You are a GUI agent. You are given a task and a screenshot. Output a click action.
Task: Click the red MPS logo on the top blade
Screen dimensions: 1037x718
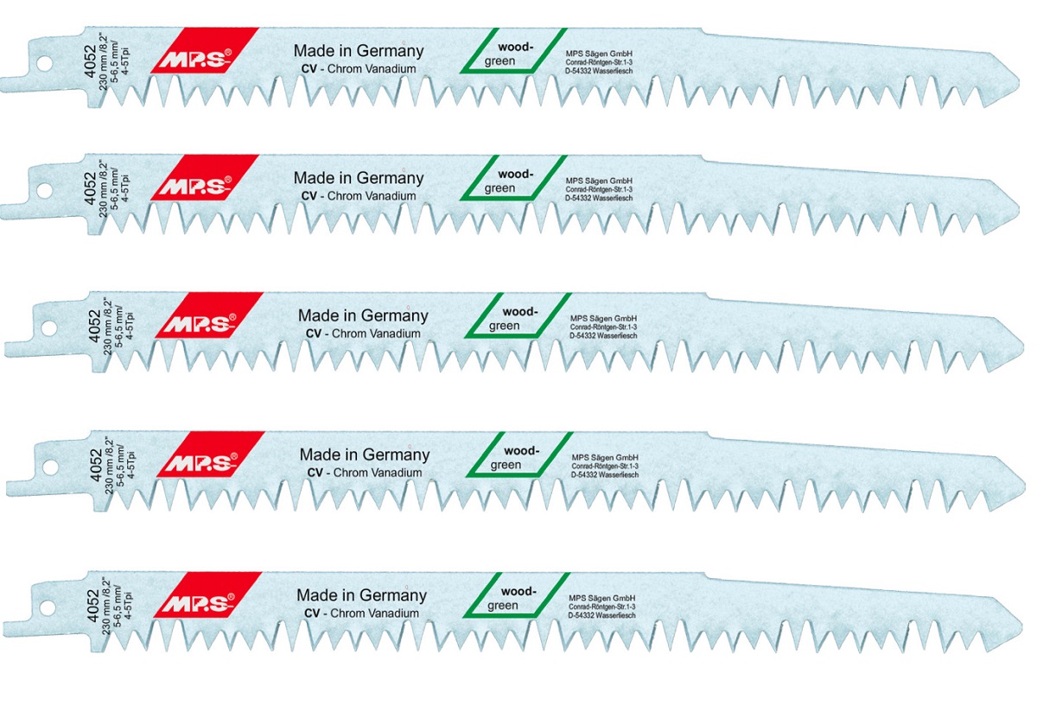[x=205, y=50]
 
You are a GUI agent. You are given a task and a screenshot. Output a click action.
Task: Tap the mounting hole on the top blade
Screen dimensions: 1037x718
[x=44, y=63]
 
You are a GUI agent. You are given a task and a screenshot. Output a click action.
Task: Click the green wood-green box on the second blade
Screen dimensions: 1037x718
[x=513, y=178]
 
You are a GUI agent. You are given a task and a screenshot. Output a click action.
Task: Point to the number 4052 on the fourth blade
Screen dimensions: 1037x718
[x=96, y=465]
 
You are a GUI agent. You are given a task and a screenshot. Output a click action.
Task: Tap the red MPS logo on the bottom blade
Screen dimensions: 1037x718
[x=208, y=594]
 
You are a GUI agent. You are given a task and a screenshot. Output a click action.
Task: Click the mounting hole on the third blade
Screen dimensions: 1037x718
[x=48, y=327]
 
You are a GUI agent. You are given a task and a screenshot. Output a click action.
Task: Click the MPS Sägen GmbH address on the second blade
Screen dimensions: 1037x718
[x=599, y=189]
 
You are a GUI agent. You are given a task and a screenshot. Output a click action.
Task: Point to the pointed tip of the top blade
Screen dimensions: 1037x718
[x=1019, y=82]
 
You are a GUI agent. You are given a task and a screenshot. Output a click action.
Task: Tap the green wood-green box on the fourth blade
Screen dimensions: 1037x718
[x=519, y=454]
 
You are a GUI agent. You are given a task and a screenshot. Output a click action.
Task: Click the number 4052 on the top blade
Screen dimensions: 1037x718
[x=90, y=61]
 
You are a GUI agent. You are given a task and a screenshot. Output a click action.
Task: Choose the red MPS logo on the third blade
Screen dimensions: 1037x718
[x=209, y=315]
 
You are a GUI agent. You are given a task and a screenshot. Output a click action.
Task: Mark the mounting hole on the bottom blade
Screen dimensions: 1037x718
[x=48, y=607]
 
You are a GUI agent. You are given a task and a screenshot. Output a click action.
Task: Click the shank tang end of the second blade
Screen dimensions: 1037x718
[x=3, y=211]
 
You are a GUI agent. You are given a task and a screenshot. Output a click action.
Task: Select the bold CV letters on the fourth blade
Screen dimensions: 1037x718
[x=315, y=473]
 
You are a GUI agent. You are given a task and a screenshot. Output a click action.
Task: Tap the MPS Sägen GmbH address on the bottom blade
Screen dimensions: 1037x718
[x=601, y=607]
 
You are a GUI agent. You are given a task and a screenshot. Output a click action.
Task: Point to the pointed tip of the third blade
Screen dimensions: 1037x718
[x=1023, y=348]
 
